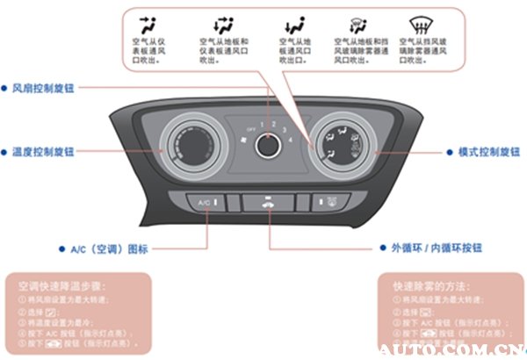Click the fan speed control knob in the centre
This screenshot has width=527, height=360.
pos(268,145)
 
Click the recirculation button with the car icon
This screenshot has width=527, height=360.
pos(268,202)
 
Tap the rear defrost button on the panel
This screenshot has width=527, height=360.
pos(332,203)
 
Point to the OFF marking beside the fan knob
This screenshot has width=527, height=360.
pos(249,128)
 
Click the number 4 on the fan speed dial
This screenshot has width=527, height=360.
pos(288,131)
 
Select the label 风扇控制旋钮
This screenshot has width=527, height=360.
pos(41,89)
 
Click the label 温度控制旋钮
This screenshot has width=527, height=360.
pos(41,152)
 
